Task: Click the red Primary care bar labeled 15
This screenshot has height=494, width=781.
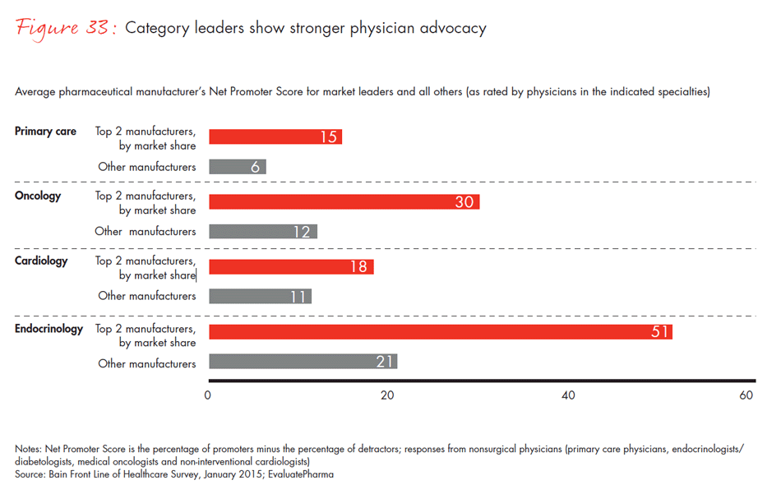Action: [275, 137]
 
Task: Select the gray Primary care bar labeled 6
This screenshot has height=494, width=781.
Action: [238, 167]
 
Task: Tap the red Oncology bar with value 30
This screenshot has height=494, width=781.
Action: [344, 202]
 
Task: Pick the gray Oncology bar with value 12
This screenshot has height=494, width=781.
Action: [263, 232]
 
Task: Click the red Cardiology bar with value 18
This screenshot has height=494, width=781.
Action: [291, 267]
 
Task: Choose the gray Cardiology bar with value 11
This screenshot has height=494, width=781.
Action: [260, 296]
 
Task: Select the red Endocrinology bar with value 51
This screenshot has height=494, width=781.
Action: [440, 332]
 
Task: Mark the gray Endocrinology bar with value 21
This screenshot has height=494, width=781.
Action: [303, 362]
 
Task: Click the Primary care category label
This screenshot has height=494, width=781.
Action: [45, 132]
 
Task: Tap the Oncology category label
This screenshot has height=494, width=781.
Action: [38, 196]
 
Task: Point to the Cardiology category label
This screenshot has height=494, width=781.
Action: [41, 261]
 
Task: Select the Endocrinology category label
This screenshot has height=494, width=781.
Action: [49, 329]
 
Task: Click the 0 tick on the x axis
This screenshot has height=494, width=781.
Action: [209, 395]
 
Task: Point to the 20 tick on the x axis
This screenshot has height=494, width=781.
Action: [387, 395]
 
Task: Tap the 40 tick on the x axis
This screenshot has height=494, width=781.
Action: [567, 395]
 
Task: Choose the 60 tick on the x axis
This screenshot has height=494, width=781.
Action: [746, 395]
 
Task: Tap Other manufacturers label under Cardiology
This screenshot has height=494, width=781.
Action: [147, 296]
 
